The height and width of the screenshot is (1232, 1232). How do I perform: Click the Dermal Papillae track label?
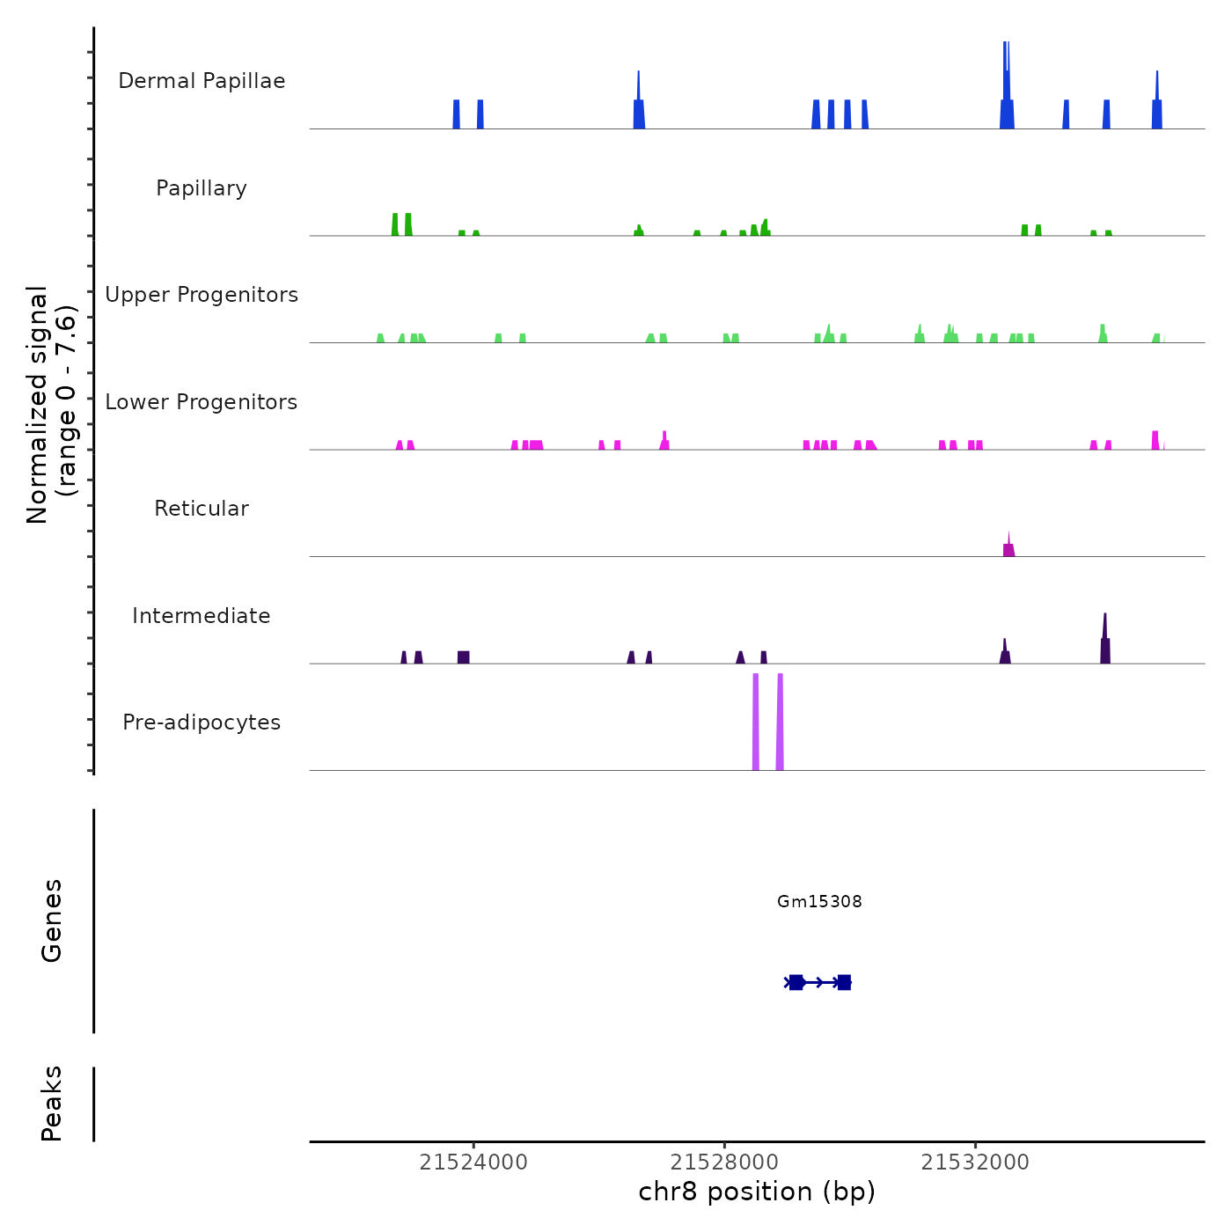click(x=202, y=81)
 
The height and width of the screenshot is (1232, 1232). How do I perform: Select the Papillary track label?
click(x=202, y=188)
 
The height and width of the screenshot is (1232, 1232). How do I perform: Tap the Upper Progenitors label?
click(x=202, y=295)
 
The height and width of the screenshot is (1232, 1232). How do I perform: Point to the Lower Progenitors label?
click(x=202, y=402)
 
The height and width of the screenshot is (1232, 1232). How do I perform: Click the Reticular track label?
click(x=202, y=509)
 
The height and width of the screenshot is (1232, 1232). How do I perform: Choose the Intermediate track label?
click(x=202, y=616)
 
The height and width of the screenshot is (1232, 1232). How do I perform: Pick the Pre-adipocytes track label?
click(x=202, y=722)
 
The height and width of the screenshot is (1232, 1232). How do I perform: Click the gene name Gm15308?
click(x=819, y=901)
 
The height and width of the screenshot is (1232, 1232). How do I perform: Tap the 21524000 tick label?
click(x=473, y=1162)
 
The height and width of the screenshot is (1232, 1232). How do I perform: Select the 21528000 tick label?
click(x=724, y=1162)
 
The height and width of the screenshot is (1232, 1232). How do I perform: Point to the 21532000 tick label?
click(x=975, y=1162)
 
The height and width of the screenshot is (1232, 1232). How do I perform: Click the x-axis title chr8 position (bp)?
click(x=757, y=1192)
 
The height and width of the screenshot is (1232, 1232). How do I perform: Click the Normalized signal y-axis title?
click(x=51, y=404)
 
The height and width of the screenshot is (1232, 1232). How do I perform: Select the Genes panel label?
click(x=52, y=920)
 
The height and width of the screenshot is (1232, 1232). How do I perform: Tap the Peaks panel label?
click(x=52, y=1104)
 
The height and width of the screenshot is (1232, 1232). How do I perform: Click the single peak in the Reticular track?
click(x=1008, y=548)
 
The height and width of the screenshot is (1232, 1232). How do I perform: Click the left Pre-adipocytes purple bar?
click(x=756, y=722)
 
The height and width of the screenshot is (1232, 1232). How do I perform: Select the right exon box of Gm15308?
click(x=844, y=982)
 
